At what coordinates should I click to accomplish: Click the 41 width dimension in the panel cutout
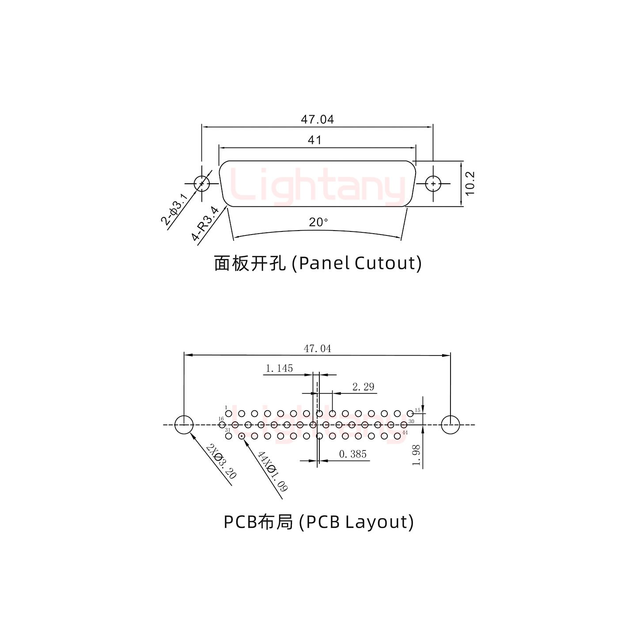coord(314,140)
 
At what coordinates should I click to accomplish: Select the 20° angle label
coord(318,222)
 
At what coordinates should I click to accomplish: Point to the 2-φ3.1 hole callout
coord(175,209)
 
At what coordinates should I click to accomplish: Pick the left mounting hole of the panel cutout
coord(202,183)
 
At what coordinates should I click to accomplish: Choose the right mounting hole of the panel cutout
coord(433,183)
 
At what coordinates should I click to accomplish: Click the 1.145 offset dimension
coord(279,368)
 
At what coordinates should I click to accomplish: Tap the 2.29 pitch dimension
coord(363,387)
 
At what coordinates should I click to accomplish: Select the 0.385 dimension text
coord(353,454)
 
